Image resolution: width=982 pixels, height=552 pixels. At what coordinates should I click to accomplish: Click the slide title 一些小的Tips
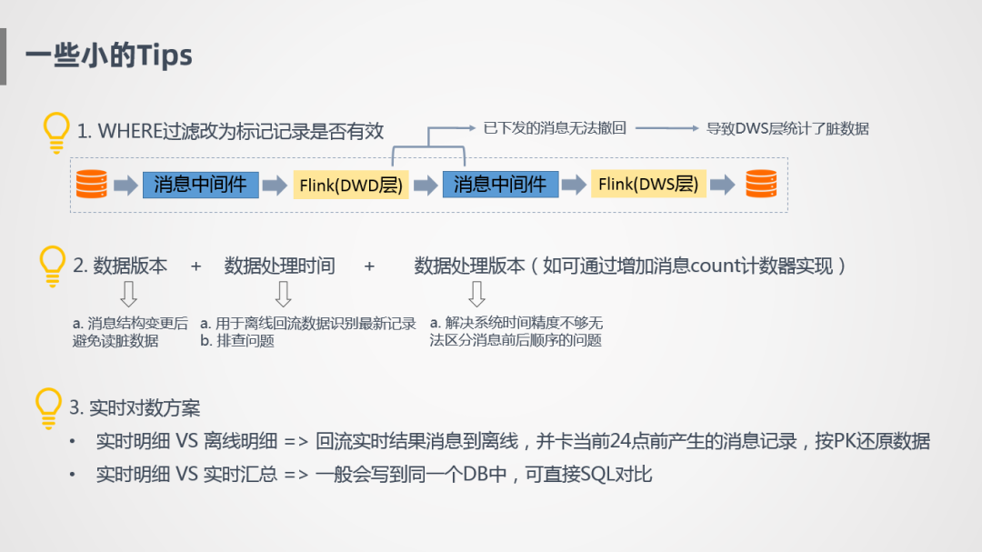(109, 56)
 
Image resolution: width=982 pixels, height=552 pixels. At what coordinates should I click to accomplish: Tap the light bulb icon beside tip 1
(56, 133)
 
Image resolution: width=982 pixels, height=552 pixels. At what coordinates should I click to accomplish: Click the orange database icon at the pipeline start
(91, 185)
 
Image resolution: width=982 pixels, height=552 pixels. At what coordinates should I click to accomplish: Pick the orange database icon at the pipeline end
(761, 185)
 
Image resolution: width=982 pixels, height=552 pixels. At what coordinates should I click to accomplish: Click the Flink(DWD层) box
(350, 186)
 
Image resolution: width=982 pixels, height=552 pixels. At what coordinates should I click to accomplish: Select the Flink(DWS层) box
(648, 185)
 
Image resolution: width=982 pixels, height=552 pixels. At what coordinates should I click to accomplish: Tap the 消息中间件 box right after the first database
(200, 185)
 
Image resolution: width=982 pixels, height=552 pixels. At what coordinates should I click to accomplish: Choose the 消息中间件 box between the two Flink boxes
(500, 185)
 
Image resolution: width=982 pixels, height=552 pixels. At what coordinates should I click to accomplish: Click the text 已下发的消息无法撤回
(555, 128)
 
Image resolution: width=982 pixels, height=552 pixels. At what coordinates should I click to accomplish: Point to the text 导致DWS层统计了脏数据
(787, 128)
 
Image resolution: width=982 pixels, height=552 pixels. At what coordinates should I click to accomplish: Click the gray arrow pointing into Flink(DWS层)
(574, 186)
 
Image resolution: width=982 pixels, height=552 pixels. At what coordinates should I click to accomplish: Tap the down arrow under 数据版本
(128, 294)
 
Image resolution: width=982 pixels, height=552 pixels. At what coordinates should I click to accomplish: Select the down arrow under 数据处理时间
(283, 294)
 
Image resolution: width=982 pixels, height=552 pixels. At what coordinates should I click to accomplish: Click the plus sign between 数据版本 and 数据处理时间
(195, 266)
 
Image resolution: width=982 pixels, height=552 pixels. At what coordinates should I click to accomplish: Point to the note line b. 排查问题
(237, 341)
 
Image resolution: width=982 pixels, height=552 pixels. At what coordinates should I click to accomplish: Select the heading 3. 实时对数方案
(135, 407)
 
